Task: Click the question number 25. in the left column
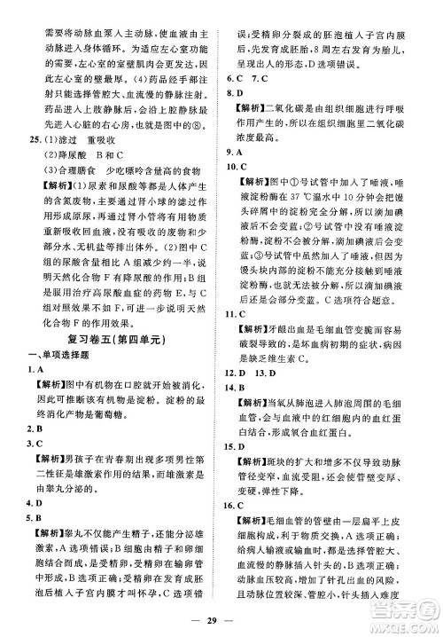34,140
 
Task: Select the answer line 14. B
237,389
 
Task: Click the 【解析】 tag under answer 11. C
250,333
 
